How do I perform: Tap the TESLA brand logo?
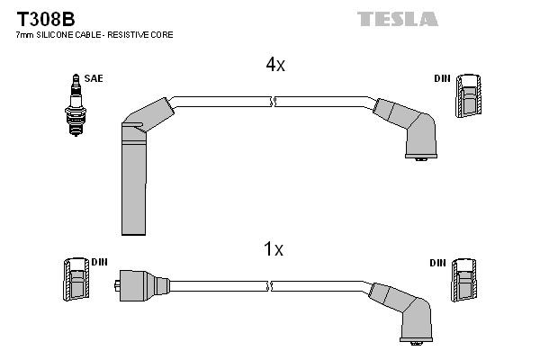pyautogui.click(x=397, y=19)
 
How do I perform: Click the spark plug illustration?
pyautogui.click(x=73, y=105)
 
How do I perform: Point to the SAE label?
pyautogui.click(x=93, y=79)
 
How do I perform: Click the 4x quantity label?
pyautogui.click(x=274, y=65)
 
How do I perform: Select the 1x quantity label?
pyautogui.click(x=274, y=249)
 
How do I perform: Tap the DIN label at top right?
pyautogui.click(x=441, y=79)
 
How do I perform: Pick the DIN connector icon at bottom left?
pyautogui.click(x=76, y=280)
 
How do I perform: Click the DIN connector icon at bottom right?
pyautogui.click(x=465, y=280)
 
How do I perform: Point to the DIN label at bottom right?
pyautogui.click(x=438, y=263)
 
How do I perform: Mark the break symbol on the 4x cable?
pyautogui.click(x=273, y=102)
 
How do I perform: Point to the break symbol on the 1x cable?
pyautogui.click(x=273, y=286)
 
